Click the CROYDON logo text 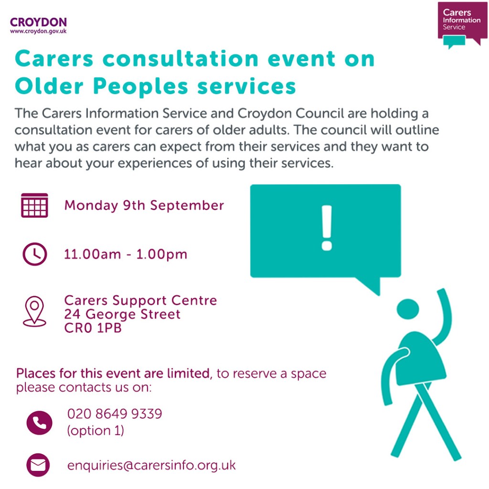[38, 22]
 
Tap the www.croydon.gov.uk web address [38, 31]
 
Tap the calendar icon [35, 205]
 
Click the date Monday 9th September [144, 205]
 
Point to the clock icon [35, 254]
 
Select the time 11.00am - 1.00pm [126, 254]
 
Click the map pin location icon [35, 311]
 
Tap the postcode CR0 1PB [93, 328]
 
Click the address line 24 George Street [122, 314]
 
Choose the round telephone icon [39, 422]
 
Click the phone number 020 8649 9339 [115, 414]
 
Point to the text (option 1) [96, 430]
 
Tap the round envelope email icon [38, 465]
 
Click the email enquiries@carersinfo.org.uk [151, 465]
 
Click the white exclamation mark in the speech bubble [327, 228]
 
